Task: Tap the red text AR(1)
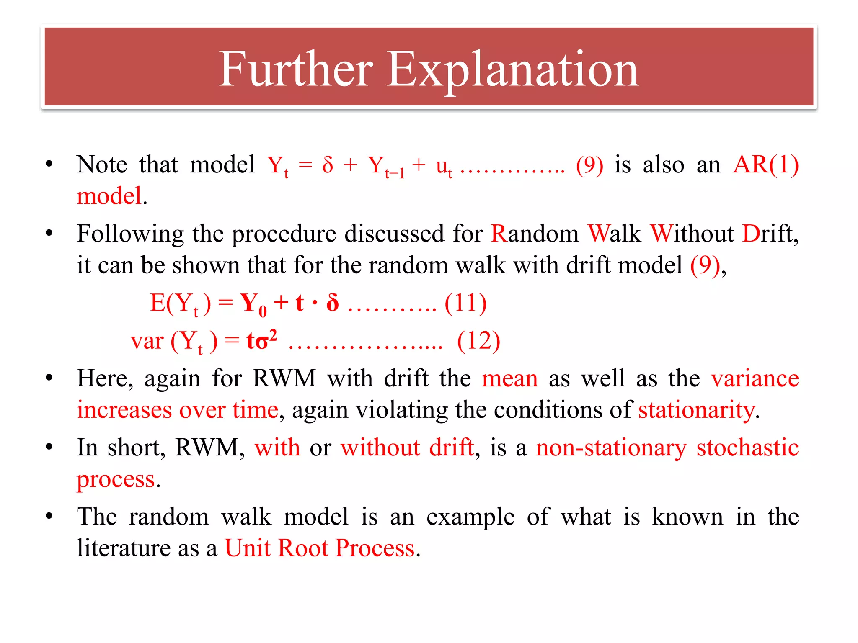point(766,165)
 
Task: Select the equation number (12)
point(478,340)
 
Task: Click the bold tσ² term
point(261,340)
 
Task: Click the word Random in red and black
point(535,233)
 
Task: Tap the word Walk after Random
point(614,233)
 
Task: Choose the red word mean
point(509,378)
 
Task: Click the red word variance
point(755,378)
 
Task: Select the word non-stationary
point(611,448)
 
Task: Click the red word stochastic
point(747,448)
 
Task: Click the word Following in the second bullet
point(130,234)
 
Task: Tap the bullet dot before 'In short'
point(49,447)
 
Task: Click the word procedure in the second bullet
point(284,234)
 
